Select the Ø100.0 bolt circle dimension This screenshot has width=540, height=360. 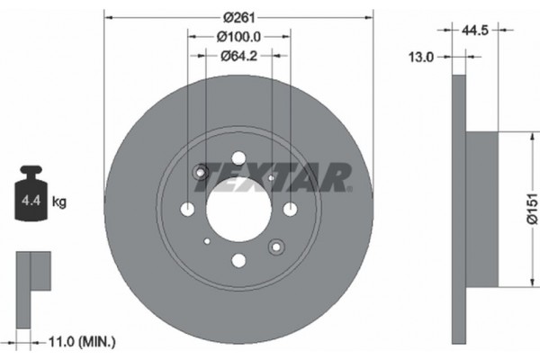[238, 37]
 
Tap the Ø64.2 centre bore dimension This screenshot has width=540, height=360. [238, 56]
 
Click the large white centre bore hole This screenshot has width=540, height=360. [238, 210]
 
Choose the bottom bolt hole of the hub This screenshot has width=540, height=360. [238, 261]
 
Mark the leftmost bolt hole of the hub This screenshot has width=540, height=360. [187, 210]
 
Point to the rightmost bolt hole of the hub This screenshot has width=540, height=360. [290, 210]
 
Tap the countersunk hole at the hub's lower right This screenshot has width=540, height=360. [275, 246]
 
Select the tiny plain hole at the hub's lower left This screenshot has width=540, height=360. [207, 241]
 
